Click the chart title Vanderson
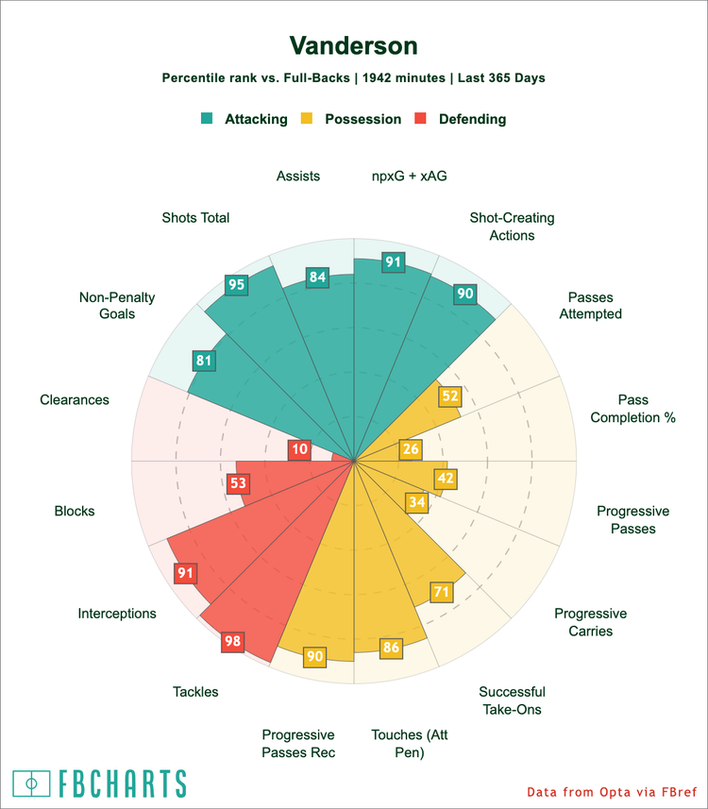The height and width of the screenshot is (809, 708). (x=353, y=46)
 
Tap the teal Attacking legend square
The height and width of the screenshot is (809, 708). (x=207, y=118)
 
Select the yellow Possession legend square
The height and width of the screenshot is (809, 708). (x=307, y=118)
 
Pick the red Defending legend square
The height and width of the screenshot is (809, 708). (x=421, y=118)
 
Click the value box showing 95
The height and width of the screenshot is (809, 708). (x=236, y=285)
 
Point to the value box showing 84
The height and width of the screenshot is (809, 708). (x=317, y=278)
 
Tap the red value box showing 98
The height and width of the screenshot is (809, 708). (x=233, y=641)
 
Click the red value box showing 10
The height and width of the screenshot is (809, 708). (x=300, y=449)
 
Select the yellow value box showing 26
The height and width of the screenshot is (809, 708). (x=411, y=449)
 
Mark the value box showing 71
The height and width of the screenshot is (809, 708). (x=442, y=592)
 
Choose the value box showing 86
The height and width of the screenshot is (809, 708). (x=391, y=648)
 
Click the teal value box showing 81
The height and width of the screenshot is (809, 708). (x=204, y=361)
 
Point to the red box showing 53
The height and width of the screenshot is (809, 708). (x=239, y=483)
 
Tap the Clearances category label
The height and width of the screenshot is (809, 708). (x=75, y=400)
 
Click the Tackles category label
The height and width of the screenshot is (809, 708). (x=195, y=692)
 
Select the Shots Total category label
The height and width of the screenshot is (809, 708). (x=195, y=218)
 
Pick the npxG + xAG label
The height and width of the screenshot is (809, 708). (x=409, y=177)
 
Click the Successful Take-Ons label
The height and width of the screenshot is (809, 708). (x=512, y=700)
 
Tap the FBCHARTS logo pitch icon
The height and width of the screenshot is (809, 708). (x=31, y=784)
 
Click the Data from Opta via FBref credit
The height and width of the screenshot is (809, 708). (x=612, y=792)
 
